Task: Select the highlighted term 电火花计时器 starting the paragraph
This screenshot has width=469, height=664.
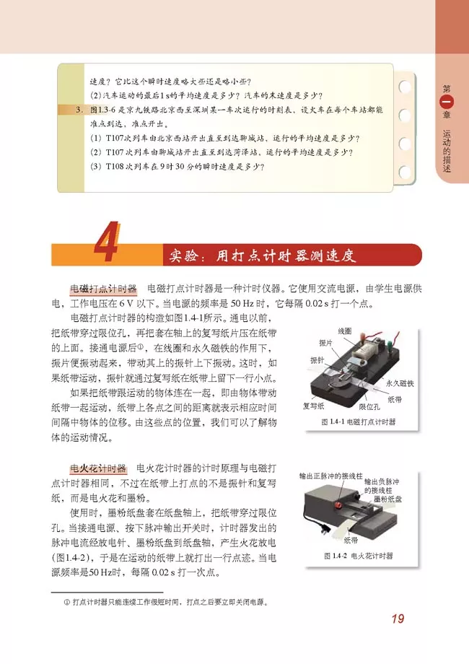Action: coord(98,469)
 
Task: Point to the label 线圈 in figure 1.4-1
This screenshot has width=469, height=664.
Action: coord(345,331)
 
